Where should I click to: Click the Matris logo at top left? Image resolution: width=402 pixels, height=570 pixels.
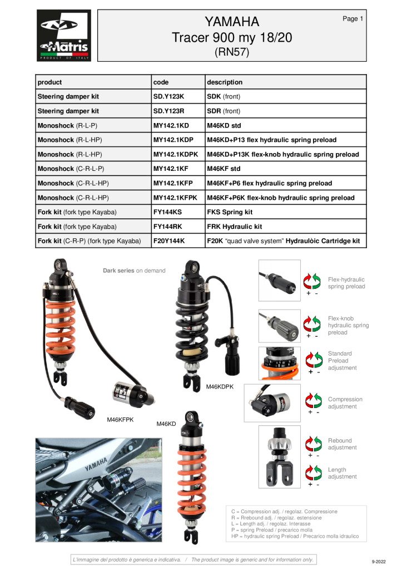point(63,36)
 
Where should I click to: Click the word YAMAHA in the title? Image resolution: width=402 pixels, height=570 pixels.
point(231,22)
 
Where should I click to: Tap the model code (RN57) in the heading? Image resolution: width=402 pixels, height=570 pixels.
point(231,52)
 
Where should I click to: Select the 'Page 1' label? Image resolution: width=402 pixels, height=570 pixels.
point(353,19)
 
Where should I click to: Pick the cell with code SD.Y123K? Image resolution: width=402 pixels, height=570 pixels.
point(168,96)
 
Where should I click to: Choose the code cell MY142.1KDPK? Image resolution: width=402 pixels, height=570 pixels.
point(175,154)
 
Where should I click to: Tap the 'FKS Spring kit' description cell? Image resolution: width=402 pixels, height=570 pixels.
point(230,212)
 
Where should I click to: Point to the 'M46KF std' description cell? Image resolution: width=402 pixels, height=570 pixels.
point(224,169)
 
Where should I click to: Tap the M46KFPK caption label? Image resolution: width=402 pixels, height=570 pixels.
point(121,420)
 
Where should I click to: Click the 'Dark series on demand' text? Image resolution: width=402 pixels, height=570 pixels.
point(134,271)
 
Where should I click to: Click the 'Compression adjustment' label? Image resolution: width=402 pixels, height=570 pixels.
point(345,403)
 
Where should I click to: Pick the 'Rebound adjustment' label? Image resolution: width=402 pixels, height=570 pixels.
point(343,444)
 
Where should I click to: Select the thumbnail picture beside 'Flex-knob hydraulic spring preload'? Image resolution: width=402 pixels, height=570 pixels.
point(279,326)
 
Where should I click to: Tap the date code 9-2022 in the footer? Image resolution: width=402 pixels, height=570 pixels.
point(378,562)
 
